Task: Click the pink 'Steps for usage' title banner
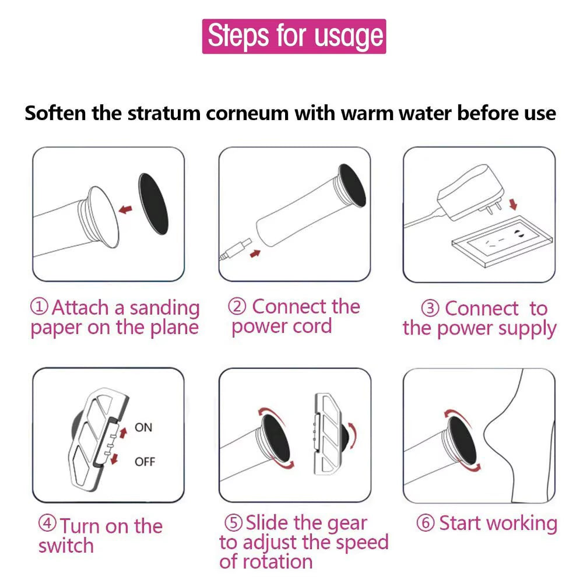(x=294, y=36)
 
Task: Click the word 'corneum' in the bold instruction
(x=247, y=113)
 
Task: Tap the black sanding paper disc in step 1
(x=153, y=204)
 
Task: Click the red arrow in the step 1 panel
(x=126, y=210)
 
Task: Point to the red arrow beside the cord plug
(x=255, y=254)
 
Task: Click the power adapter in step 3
(x=470, y=191)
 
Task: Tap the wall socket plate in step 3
(x=502, y=241)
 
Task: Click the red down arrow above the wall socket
(x=513, y=203)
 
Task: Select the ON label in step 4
(x=143, y=427)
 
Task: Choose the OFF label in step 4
(x=145, y=462)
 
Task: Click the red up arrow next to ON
(x=124, y=433)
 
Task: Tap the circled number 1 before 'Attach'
(x=39, y=306)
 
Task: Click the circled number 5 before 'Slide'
(x=234, y=522)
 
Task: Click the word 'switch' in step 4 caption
(x=66, y=546)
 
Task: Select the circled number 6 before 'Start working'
(x=426, y=523)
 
